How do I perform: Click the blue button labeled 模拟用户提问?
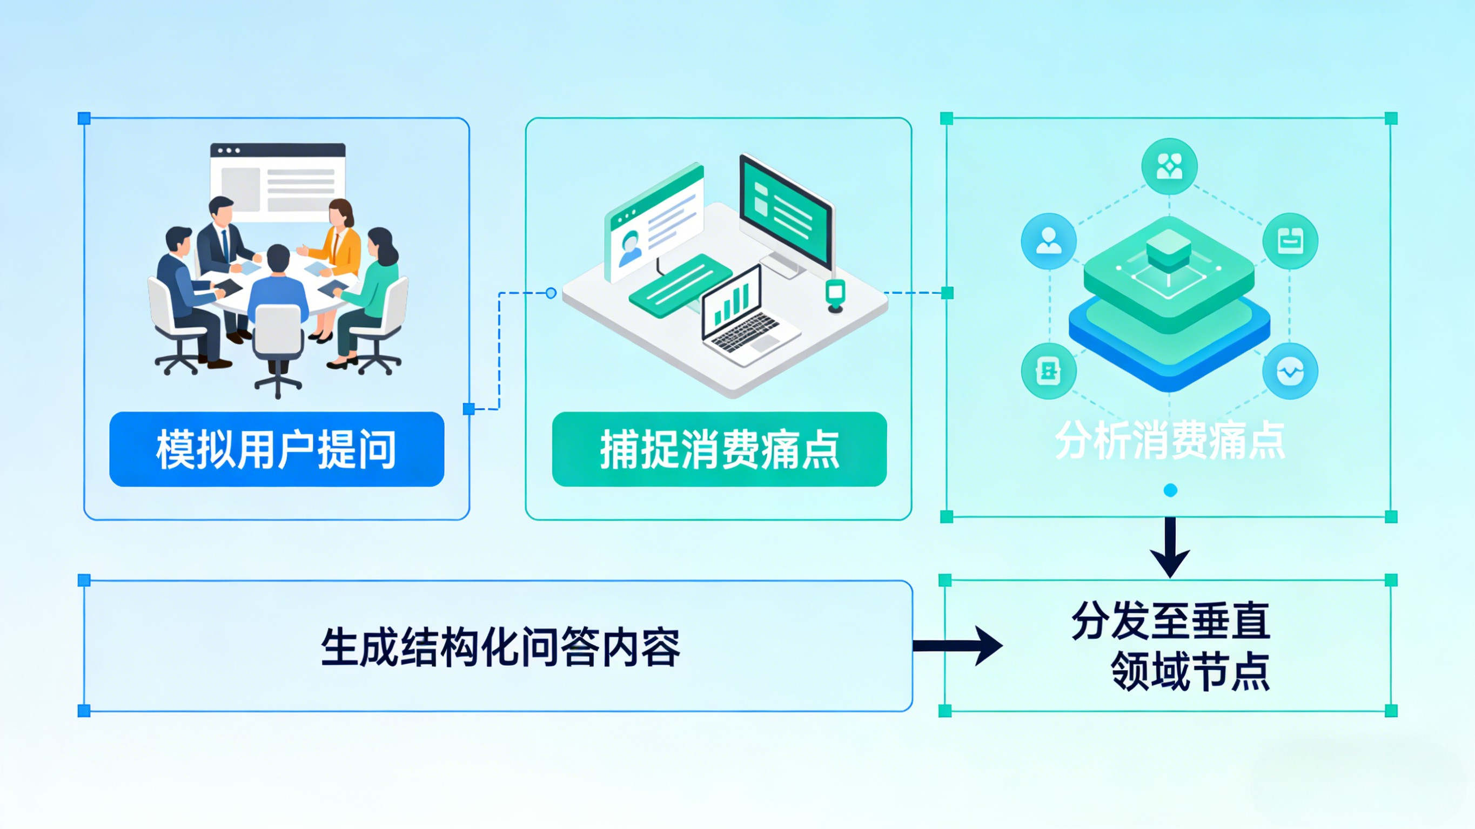coord(277,449)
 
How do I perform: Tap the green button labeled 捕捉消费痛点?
coord(719,449)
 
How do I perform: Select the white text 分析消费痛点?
coord(1170,441)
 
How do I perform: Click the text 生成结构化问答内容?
coord(500,647)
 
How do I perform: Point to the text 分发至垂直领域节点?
coord(1171,646)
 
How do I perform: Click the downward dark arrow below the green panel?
coord(1170,547)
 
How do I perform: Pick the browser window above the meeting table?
coord(278,178)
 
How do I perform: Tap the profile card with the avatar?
coord(655,223)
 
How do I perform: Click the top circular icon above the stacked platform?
coord(1169,166)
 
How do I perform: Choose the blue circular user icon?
coord(1048,241)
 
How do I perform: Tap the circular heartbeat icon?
coord(1290,371)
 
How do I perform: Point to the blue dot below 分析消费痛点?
coord(1170,490)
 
